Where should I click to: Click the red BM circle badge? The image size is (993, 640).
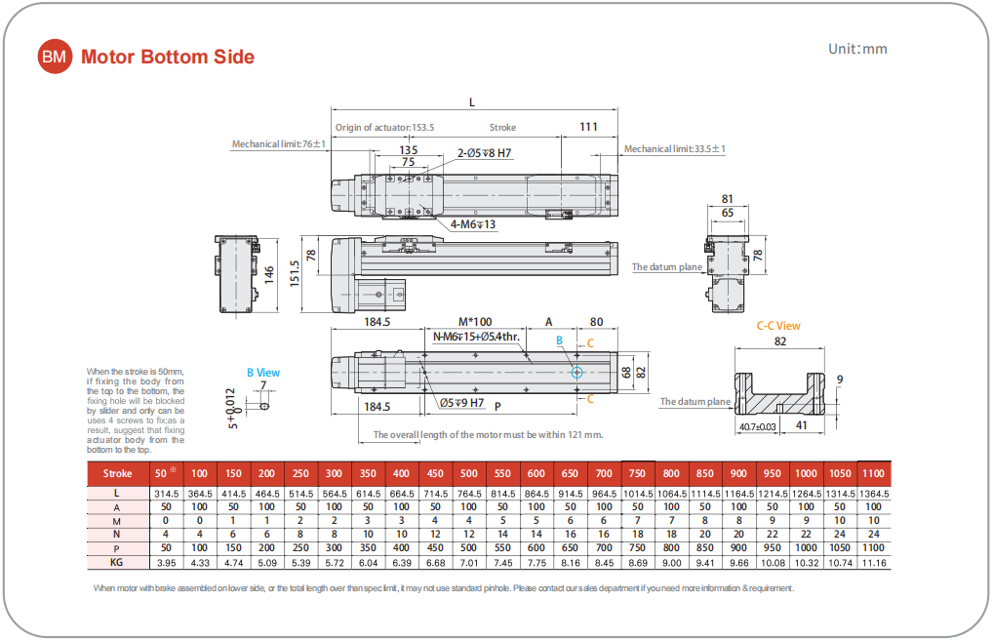[55, 57]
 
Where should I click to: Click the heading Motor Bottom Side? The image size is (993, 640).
[168, 57]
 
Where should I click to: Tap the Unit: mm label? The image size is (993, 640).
[857, 49]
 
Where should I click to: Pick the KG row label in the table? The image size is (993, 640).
[117, 564]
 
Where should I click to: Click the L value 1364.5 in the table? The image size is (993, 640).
[874, 495]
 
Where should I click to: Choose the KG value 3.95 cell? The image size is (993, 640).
[166, 564]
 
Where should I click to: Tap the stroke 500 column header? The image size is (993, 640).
[469, 473]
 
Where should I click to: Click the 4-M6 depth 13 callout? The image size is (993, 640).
[474, 224]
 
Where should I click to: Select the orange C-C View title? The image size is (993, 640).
[778, 325]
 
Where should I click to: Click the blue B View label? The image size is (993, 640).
[262, 372]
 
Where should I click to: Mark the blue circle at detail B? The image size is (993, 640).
[577, 372]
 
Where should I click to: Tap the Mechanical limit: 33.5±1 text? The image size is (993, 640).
[675, 148]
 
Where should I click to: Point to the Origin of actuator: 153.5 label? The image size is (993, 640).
[384, 127]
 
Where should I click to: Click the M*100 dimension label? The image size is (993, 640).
[475, 321]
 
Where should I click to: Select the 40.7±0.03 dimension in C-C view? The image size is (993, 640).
[758, 426]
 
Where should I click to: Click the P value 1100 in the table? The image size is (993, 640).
[874, 547]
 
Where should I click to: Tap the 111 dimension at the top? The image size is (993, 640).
[588, 126]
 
